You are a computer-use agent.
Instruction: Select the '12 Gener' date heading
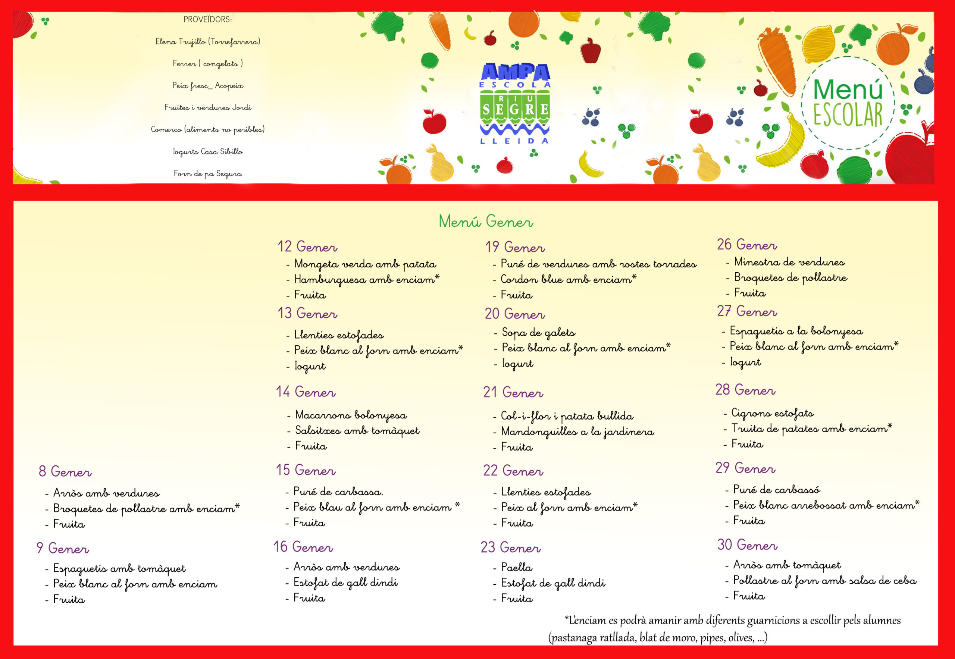click(307, 247)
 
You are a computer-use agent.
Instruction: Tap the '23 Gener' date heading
click(511, 547)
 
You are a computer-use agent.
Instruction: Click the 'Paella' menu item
click(517, 567)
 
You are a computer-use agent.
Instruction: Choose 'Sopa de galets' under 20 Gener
click(538, 332)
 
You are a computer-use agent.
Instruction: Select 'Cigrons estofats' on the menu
click(773, 412)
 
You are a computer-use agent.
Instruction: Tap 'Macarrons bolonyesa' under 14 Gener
click(351, 415)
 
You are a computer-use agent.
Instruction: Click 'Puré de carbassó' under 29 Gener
click(777, 489)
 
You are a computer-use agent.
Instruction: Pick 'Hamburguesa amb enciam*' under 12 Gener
click(367, 280)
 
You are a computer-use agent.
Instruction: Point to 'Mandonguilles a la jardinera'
click(577, 432)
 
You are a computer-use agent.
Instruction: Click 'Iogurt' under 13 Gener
click(310, 366)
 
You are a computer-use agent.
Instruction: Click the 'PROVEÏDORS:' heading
click(208, 19)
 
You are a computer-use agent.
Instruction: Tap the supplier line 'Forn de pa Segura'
click(208, 173)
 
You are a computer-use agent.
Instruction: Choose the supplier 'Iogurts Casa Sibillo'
click(208, 151)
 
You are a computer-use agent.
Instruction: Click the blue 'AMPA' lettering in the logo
click(515, 72)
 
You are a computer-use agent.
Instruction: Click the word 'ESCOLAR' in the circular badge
click(848, 114)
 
